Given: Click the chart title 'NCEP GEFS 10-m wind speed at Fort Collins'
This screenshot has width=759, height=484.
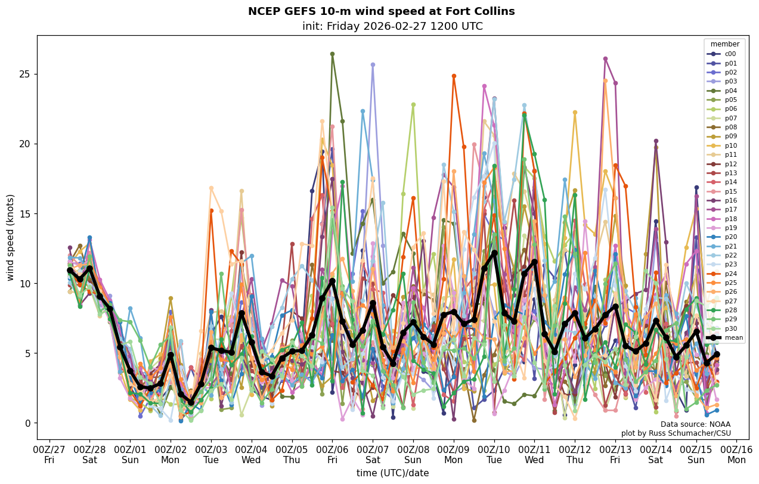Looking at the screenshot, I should (381, 11).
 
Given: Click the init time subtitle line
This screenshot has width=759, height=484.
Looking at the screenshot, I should (392, 26).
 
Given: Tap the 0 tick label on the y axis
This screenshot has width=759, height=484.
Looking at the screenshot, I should (29, 423).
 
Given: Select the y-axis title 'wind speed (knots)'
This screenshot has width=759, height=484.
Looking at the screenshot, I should (10, 237).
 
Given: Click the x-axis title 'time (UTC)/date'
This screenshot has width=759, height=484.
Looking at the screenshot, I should (392, 473).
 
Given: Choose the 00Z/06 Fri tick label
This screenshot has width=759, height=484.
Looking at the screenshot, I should (333, 454).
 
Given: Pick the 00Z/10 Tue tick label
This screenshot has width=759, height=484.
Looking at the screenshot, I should (494, 454).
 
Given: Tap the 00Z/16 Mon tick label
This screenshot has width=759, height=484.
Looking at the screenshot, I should (737, 454).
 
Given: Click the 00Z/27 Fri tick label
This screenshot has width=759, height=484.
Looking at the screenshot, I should (49, 454).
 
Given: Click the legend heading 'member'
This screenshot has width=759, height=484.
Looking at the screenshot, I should (725, 44).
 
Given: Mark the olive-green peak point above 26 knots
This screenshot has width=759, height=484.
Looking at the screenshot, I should (332, 54).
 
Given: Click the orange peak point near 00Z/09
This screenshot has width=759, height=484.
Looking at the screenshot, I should (454, 76).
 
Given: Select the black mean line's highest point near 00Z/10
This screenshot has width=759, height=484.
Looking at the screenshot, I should (494, 253).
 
